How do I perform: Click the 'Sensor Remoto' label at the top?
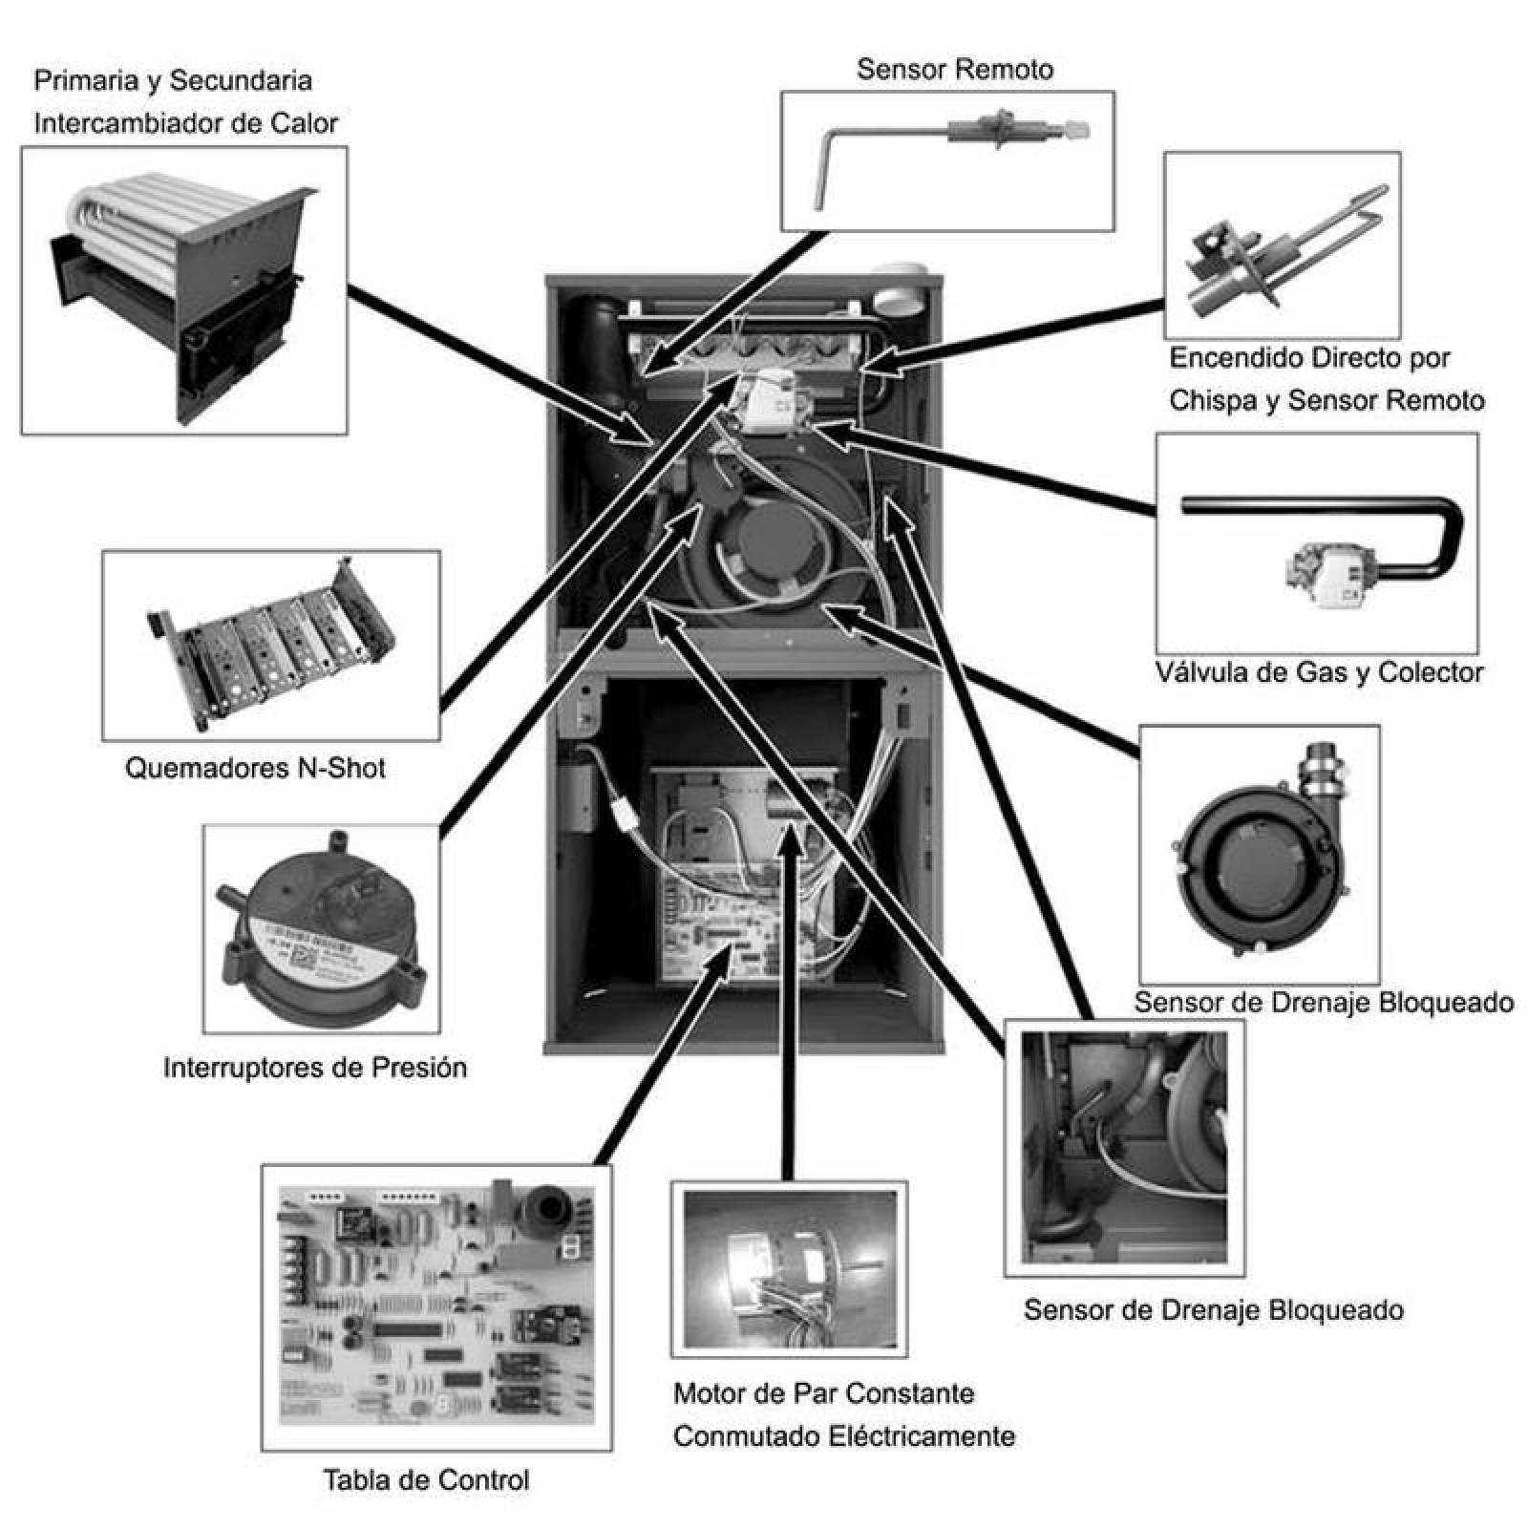click(954, 69)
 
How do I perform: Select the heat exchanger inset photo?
click(183, 289)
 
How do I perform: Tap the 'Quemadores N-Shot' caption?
click(255, 768)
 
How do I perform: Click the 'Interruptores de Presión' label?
click(315, 1067)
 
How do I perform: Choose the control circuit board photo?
click(436, 1306)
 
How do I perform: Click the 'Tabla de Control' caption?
click(426, 1480)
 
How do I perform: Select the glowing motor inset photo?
click(788, 1268)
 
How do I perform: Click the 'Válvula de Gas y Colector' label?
click(1319, 672)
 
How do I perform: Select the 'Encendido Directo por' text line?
click(1309, 358)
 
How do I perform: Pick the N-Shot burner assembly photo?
click(271, 645)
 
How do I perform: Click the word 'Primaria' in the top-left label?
click(86, 80)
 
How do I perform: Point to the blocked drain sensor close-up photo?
click(1124, 1147)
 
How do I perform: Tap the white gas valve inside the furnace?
click(765, 401)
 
